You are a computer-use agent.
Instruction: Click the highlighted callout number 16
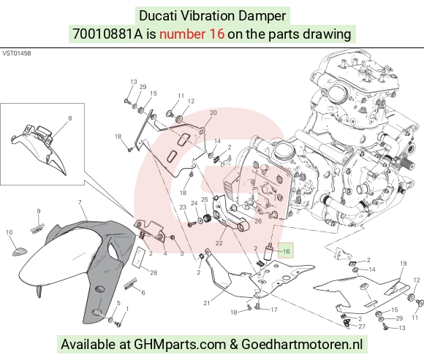[x=286, y=251]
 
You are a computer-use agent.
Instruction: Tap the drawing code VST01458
[x=17, y=53]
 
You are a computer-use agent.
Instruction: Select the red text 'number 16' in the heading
[x=192, y=34]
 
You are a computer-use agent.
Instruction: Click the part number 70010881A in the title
[x=107, y=34]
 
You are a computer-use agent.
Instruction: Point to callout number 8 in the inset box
[x=70, y=118]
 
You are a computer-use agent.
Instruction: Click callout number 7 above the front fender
[x=80, y=202]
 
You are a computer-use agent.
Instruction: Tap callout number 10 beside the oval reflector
[x=10, y=232]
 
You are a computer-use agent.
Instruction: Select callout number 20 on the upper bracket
[x=213, y=112]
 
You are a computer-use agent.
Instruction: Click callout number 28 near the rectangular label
[x=154, y=273]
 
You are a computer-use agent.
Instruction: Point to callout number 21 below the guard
[x=207, y=303]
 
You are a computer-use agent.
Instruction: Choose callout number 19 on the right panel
[x=404, y=264]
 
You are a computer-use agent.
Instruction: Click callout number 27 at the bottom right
[x=362, y=326]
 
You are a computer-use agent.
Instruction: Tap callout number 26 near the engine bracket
[x=258, y=221]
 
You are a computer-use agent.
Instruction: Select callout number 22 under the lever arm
[x=219, y=243]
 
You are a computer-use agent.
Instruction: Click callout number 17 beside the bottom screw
[x=274, y=310]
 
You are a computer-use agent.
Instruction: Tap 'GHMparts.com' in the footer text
[x=180, y=345]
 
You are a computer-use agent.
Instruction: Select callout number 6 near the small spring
[x=143, y=293]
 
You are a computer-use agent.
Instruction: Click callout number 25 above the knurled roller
[x=205, y=199]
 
